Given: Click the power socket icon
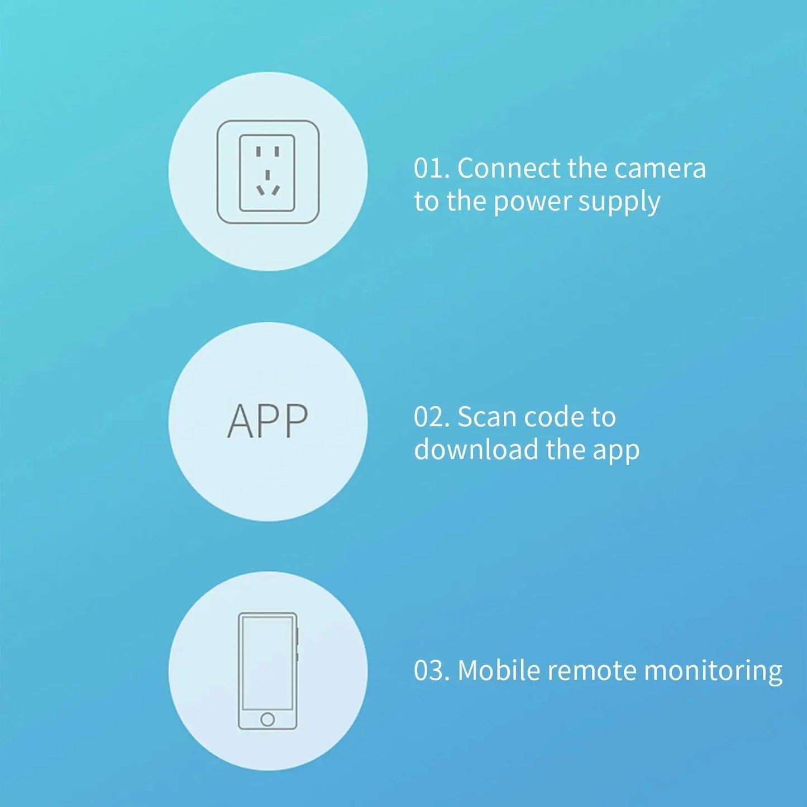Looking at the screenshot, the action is [x=268, y=171].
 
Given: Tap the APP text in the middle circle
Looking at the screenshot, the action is [x=268, y=421].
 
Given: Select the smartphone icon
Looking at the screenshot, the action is [x=269, y=671].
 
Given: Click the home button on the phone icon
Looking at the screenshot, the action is [x=268, y=719].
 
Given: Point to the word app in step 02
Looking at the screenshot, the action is [x=616, y=453].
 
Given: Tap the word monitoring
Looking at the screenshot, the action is [x=713, y=672].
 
